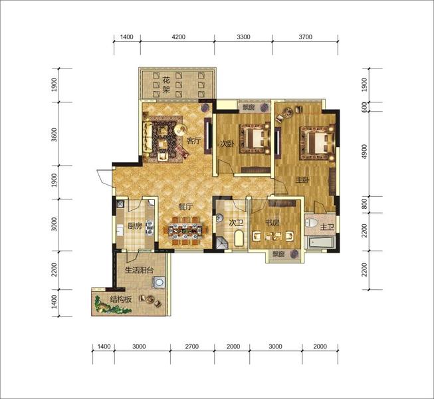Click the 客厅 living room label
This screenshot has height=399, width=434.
click(193, 141)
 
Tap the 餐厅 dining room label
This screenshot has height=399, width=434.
click(185, 207)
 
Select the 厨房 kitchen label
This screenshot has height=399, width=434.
click(135, 226)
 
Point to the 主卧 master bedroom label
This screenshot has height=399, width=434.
click(302, 180)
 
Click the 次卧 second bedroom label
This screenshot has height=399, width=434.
click(227, 144)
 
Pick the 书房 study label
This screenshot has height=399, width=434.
click(272, 222)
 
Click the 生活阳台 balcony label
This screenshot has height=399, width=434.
click(139, 270)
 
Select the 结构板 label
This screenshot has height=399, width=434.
click(121, 299)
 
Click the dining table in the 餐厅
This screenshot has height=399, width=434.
click(185, 230)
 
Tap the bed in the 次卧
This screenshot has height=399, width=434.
click(255, 138)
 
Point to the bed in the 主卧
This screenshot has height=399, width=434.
click(317, 142)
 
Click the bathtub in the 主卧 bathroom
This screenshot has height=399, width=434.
click(320, 242)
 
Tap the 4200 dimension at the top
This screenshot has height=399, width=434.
click(179, 37)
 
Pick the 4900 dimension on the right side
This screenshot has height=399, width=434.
click(365, 152)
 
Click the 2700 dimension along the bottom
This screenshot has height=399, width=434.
click(192, 346)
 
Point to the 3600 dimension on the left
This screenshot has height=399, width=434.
click(54, 134)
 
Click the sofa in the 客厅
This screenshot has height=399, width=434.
click(147, 137)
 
